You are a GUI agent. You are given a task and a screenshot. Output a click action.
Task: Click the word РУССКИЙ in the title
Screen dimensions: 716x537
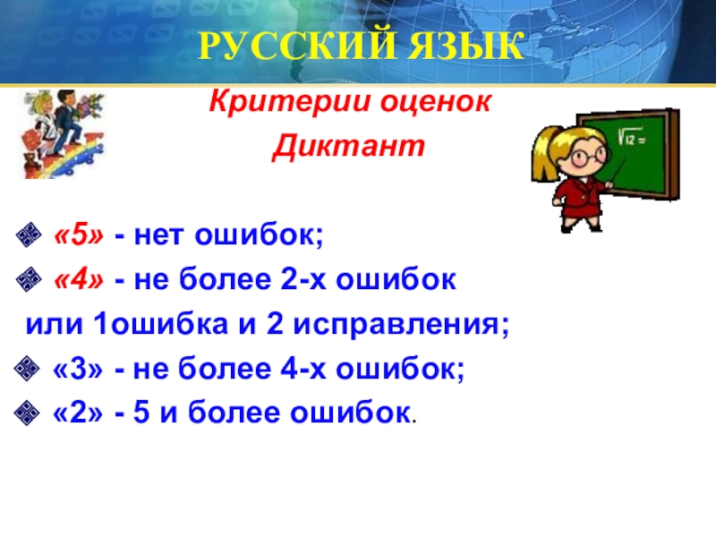(x=297, y=46)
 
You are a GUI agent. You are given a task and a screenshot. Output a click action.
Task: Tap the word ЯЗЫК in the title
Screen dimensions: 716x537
(x=465, y=46)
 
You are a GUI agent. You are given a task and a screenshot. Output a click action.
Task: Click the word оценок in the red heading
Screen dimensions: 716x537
(x=436, y=103)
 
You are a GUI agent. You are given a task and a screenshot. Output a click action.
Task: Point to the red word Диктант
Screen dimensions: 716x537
(x=348, y=146)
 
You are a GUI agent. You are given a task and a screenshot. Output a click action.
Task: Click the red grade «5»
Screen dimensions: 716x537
(x=79, y=235)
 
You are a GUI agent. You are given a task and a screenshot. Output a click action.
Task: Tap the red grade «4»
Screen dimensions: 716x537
(x=79, y=279)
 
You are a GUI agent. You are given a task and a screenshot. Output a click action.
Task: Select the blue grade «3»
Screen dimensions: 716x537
(x=78, y=369)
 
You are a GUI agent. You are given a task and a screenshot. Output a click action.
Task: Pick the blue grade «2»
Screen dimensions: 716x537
(x=78, y=413)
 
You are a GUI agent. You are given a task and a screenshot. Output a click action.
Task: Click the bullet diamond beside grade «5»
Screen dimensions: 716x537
(x=29, y=235)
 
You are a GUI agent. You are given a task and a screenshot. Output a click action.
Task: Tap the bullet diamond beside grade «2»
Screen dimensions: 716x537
(x=27, y=413)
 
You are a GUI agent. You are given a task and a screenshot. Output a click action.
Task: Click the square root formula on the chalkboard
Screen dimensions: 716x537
(x=632, y=137)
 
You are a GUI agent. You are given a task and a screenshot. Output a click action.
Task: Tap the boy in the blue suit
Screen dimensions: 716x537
(x=67, y=124)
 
